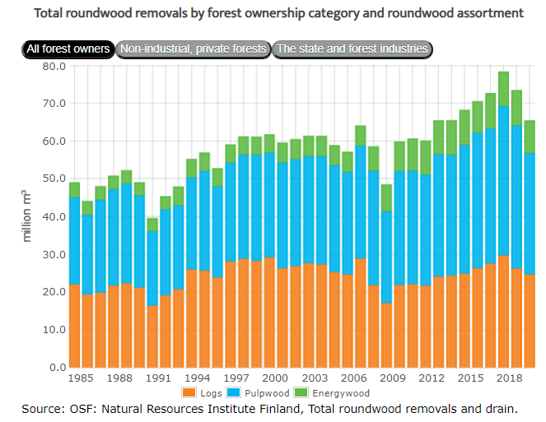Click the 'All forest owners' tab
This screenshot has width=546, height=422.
[x=68, y=49]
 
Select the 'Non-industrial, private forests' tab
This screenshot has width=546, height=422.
[x=194, y=49]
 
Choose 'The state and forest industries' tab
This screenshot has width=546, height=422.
[x=352, y=49]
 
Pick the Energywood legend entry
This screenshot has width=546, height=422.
[x=316, y=392]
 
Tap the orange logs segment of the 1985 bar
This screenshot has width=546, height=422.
[x=75, y=325]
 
